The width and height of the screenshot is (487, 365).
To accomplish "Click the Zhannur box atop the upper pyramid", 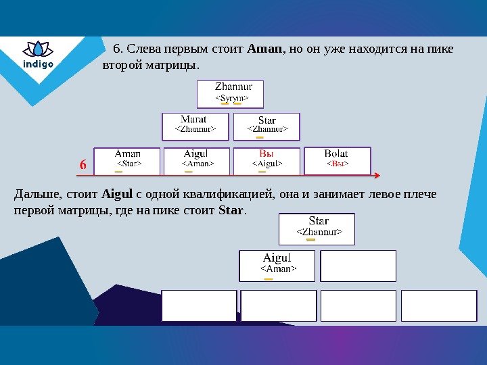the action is pyautogui.click(x=230, y=94).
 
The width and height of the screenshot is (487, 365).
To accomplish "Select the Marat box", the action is pyautogui.click(x=195, y=126).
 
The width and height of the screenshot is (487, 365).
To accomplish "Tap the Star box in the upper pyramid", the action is pyautogui.click(x=266, y=126).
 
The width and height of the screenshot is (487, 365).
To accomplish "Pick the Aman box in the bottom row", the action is pyautogui.click(x=127, y=160).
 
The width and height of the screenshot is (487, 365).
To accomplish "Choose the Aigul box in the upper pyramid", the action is pyautogui.click(x=198, y=161).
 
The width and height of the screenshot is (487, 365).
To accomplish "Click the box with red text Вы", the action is pyautogui.click(x=266, y=161).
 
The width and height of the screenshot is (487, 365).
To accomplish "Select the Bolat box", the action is pyautogui.click(x=337, y=160).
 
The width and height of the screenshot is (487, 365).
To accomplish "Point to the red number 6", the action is pyautogui.click(x=83, y=165).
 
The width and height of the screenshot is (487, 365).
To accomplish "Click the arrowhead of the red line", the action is pyautogui.click(x=377, y=175).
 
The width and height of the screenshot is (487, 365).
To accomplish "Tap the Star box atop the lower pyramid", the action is pyautogui.click(x=317, y=229).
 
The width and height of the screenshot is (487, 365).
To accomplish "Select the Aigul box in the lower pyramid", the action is pyautogui.click(x=277, y=265).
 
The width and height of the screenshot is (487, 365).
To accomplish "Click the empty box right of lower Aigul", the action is pyautogui.click(x=358, y=266).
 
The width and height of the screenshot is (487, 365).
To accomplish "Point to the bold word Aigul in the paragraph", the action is pyautogui.click(x=118, y=195).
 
